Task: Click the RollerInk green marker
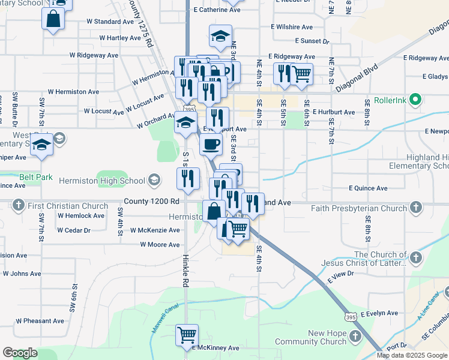coord(415,100)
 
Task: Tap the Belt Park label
coord(36,178)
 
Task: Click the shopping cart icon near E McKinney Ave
coord(187,334)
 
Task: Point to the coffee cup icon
coord(211,144)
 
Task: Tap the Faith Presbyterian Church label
coord(359,209)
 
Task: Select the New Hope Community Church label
coord(310,337)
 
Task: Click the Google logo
coord(20,353)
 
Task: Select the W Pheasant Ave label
coord(40,321)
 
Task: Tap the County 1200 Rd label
coord(151,202)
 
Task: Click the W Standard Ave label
coord(110,22)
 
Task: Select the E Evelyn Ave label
coord(379,313)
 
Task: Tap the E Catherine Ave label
coord(217,10)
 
